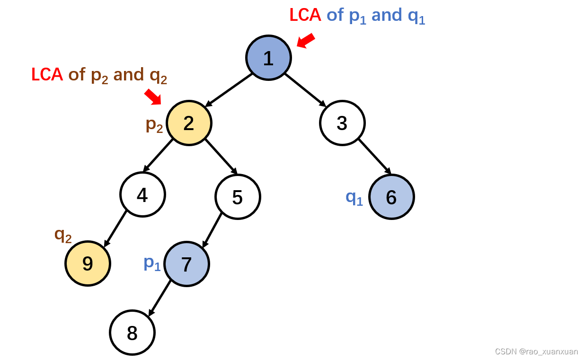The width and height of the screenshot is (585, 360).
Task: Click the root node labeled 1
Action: click(x=268, y=58)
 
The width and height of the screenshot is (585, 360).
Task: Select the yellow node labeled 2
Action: click(x=189, y=123)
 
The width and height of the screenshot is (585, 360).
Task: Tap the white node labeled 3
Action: click(x=342, y=123)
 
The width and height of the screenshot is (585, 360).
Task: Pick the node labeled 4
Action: click(x=142, y=194)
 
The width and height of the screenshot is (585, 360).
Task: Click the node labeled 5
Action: click(x=238, y=197)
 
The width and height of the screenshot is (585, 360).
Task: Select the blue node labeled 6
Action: click(x=391, y=197)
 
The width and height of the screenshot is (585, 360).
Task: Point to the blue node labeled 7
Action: click(x=186, y=264)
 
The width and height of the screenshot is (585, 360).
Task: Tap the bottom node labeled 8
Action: click(x=133, y=333)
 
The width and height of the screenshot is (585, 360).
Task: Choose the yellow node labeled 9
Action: click(x=88, y=263)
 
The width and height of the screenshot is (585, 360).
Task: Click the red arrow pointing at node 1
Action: click(x=306, y=41)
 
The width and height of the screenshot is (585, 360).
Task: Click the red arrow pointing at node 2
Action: click(x=153, y=97)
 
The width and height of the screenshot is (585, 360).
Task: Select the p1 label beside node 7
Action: click(x=152, y=263)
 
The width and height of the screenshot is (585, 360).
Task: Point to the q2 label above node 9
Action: click(x=63, y=234)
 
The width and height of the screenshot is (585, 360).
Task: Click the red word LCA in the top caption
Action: click(x=305, y=15)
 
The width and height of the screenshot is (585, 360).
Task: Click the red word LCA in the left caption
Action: click(x=47, y=75)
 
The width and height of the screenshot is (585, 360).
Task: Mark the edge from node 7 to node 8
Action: click(x=160, y=298)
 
